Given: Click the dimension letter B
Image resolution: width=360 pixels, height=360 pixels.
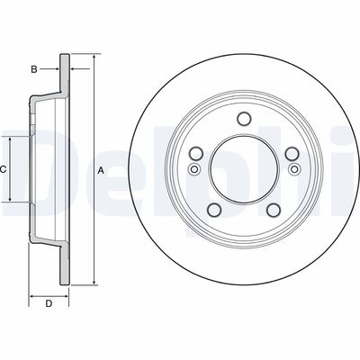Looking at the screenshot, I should click(x=33, y=68).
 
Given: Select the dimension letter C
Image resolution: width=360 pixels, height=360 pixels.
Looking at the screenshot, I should click(x=4, y=169).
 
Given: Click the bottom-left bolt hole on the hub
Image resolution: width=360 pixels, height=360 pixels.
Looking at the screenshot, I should click(x=215, y=210).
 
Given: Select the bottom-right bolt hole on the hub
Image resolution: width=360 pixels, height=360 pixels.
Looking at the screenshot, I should click(x=273, y=210).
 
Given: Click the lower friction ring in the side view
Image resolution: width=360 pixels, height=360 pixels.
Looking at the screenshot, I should click(x=64, y=263).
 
